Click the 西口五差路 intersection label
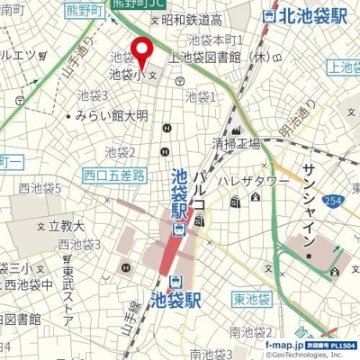[113, 175]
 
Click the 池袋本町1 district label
[217, 40]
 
